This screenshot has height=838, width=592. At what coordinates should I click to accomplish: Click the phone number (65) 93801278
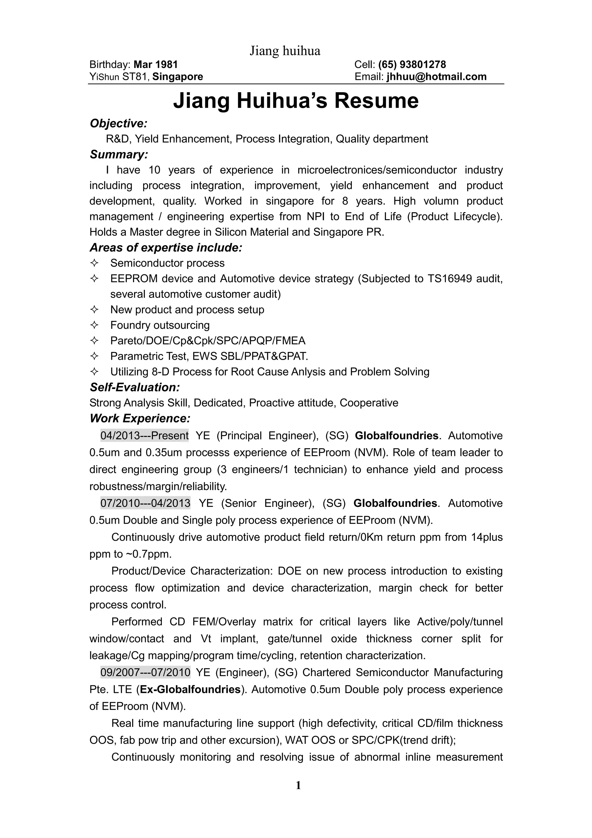tap(412, 64)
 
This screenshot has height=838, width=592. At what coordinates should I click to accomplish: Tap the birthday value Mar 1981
tap(156, 64)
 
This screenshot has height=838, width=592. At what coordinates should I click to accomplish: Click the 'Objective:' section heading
tap(119, 123)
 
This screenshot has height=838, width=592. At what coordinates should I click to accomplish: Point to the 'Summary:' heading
tap(119, 154)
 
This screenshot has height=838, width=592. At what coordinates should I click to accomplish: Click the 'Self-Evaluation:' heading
tap(135, 387)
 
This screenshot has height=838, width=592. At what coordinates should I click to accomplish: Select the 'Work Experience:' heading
tap(140, 418)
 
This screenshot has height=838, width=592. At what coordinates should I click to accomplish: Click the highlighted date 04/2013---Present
tap(145, 435)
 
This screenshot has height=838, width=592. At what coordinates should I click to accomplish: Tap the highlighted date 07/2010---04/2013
tap(145, 503)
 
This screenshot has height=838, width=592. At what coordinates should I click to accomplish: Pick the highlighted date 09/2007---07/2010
tap(145, 672)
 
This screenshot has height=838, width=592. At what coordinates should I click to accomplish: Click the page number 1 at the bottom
tap(298, 785)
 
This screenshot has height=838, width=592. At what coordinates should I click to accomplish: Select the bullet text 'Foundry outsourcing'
tap(160, 325)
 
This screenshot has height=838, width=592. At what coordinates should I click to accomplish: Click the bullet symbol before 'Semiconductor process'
tap(94, 263)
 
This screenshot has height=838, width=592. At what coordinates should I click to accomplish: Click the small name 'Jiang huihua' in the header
tap(285, 51)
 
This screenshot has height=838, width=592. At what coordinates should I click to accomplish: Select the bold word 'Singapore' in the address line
tap(178, 77)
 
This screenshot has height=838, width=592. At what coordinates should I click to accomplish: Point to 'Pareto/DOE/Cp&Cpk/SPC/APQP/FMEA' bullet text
tap(208, 341)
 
